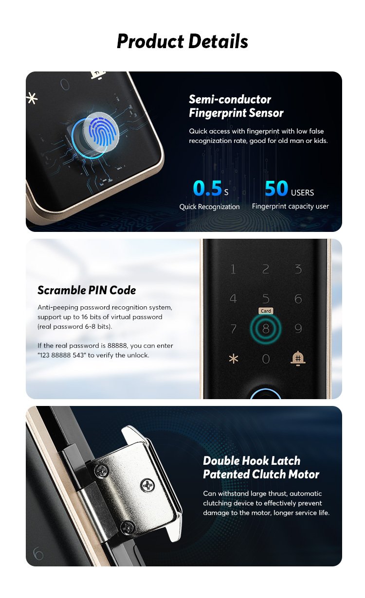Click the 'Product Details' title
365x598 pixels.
point(182,41)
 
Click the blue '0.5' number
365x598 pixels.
point(207,188)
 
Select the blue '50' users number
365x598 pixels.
point(276,188)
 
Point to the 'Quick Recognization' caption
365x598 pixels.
point(209,207)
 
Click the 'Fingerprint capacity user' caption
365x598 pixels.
point(291,206)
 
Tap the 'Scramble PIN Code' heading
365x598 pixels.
point(87,290)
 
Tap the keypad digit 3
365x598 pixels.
point(298,269)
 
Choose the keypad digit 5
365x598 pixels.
point(266,299)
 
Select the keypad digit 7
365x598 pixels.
point(234,329)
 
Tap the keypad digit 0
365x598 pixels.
point(266,359)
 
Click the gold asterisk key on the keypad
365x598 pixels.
point(234,358)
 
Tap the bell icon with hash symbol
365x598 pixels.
point(298,358)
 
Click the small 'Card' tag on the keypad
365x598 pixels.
point(266,311)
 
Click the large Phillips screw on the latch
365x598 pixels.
point(148,485)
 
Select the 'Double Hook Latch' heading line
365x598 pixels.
point(252,460)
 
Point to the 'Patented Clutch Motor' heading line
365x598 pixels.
point(261,474)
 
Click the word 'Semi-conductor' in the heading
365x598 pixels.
point(230,99)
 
